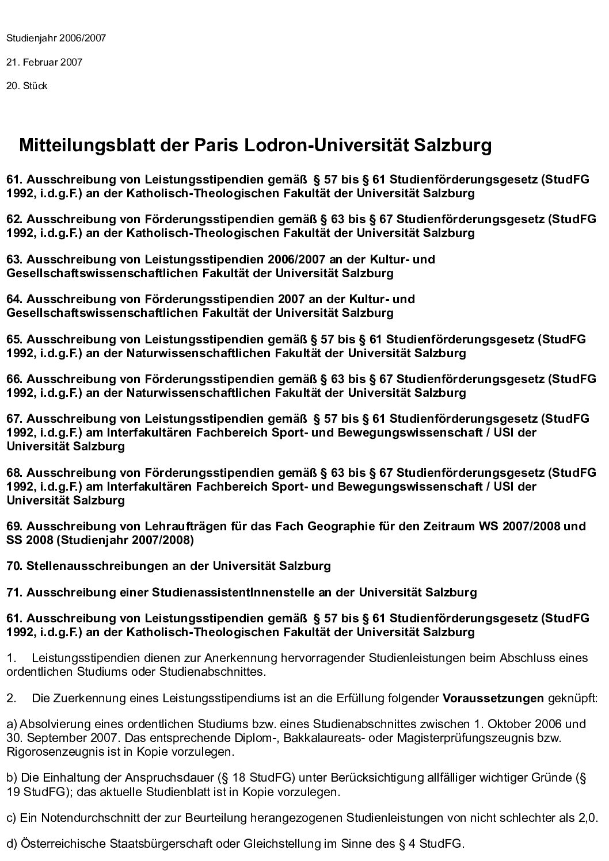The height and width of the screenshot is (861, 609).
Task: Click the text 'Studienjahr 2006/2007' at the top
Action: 56,39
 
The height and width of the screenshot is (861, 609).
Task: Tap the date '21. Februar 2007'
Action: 44,62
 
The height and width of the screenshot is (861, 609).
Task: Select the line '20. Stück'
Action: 27,86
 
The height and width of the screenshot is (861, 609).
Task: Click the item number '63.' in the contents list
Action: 15,259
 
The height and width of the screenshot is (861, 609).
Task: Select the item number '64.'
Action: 15,299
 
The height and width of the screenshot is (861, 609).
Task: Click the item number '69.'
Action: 15,526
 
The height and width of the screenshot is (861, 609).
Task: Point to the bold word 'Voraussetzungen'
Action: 493,699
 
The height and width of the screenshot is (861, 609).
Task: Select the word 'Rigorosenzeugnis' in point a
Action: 45,751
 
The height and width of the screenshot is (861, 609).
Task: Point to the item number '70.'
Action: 15,566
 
